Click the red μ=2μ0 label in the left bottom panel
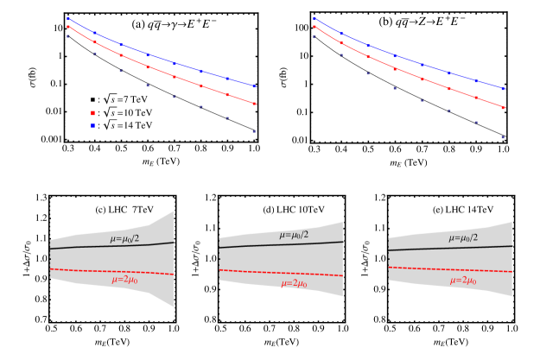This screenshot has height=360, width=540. click(x=124, y=280)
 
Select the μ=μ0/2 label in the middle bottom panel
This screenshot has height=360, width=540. click(x=293, y=235)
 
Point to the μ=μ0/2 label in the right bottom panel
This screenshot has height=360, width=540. click(x=462, y=237)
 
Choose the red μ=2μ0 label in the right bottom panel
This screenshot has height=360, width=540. click(x=462, y=281)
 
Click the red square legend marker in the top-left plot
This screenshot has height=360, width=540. click(x=92, y=113)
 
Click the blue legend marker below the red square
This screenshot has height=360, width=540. click(x=92, y=126)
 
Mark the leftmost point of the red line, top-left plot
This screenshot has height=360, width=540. click(x=68, y=27)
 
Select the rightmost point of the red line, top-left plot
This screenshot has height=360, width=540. click(x=254, y=104)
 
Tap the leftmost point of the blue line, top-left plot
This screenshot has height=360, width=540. click(x=68, y=18)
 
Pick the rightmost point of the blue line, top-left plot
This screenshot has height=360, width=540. click(x=254, y=86)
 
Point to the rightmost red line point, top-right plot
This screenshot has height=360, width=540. click(x=503, y=108)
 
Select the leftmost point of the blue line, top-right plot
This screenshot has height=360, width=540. click(x=314, y=18)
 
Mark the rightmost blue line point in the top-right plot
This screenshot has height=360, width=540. click(x=503, y=89)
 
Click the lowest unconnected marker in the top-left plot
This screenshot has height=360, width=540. click(x=254, y=131)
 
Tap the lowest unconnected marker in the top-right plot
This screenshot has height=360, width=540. click(x=503, y=137)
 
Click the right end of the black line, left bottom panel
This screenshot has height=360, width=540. click(x=174, y=243)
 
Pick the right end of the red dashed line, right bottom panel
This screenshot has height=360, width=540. click(x=512, y=272)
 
